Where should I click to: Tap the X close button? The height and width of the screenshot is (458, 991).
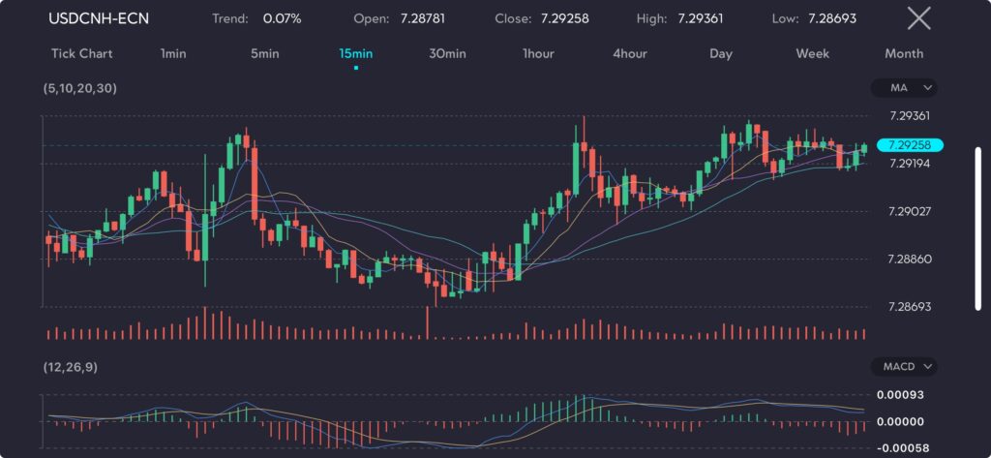tap(918, 18)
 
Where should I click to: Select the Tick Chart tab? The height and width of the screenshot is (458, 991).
tap(81, 53)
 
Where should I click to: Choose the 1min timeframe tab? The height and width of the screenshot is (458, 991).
tap(173, 53)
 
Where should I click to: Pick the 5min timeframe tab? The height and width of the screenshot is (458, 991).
tap(264, 53)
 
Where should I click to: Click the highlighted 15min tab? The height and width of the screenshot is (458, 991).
tap(356, 53)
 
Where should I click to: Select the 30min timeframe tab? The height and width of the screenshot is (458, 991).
tap(447, 53)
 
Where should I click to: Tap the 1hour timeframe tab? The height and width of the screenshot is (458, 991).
tap(539, 53)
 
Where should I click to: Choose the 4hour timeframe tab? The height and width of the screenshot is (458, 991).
tap(630, 53)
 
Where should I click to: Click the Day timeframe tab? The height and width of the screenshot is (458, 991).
tap(721, 53)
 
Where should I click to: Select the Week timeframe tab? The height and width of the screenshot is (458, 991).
tap(812, 53)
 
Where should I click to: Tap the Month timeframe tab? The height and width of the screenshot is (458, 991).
tap(904, 53)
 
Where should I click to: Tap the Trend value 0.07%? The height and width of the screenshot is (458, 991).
tap(283, 18)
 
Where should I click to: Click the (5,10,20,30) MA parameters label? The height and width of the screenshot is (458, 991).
tap(79, 88)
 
